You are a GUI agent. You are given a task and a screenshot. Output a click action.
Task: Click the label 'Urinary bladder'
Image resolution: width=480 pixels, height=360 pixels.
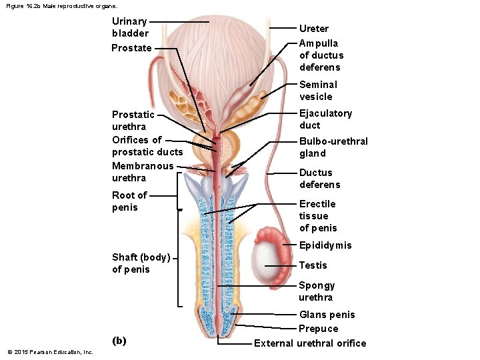tap(130, 27)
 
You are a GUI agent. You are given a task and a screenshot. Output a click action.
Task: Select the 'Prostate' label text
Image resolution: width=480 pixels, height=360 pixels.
tap(131, 48)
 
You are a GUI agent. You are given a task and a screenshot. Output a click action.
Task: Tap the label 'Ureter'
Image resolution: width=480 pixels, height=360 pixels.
tap(313, 29)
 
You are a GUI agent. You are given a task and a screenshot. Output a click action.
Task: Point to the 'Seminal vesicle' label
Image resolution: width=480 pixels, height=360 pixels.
tap(318, 91)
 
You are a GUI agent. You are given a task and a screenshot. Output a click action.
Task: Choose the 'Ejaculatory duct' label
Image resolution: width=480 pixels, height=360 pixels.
tap(325, 119)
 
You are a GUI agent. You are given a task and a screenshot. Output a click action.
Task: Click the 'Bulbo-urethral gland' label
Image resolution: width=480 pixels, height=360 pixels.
tap(333, 147)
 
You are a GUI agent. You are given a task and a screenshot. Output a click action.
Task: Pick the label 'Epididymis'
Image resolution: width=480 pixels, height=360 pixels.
tap(325, 245)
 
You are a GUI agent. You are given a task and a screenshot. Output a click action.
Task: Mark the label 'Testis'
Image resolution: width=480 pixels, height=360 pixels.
tap(313, 265)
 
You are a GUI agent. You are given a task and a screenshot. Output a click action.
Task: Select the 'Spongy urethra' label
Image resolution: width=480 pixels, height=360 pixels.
tap(317, 291)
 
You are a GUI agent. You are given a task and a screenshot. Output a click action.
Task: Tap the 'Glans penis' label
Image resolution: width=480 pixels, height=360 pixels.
tap(327, 315)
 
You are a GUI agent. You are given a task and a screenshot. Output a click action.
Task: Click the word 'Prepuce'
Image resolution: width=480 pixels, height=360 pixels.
tap(318, 329)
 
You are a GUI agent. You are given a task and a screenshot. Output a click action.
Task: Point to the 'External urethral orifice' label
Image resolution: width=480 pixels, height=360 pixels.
tap(310, 343)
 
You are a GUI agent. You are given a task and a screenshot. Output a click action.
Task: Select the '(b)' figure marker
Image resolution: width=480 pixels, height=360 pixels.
tap(119, 341)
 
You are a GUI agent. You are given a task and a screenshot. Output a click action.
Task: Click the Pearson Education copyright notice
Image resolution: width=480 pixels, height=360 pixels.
tap(50, 352)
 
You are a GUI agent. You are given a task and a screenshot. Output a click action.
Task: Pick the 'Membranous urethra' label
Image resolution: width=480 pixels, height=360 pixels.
tap(143, 172)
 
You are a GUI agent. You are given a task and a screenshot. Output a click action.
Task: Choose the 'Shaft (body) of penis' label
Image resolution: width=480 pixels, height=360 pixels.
tap(141, 263)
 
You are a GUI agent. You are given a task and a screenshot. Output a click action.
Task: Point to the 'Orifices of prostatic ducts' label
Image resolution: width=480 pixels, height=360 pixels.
tap(147, 146)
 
